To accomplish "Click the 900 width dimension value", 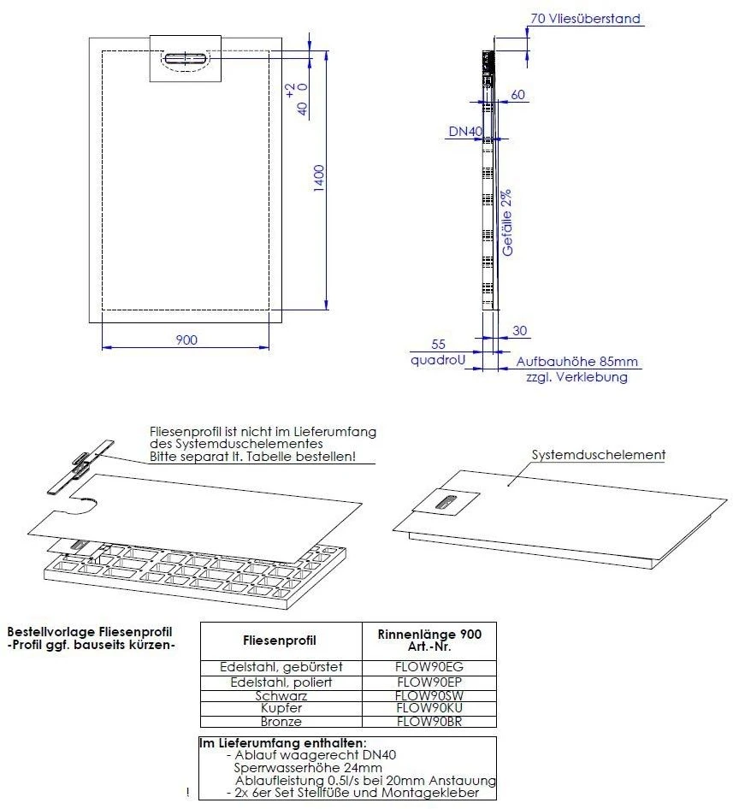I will pyautogui.click(x=186, y=340).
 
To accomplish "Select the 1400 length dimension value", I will pyautogui.click(x=318, y=178).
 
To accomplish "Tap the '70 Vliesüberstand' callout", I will pyautogui.click(x=584, y=18).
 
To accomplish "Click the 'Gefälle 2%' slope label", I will pyautogui.click(x=507, y=224).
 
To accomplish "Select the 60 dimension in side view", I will pyautogui.click(x=518, y=95).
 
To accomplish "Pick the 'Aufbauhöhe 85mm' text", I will pyautogui.click(x=577, y=362).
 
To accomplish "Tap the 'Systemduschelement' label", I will pyautogui.click(x=598, y=455).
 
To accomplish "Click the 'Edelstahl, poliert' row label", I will pyautogui.click(x=281, y=682).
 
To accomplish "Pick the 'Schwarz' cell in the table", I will pyautogui.click(x=281, y=696).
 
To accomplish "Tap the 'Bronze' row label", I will pyautogui.click(x=281, y=722).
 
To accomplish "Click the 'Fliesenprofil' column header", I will pyautogui.click(x=281, y=640).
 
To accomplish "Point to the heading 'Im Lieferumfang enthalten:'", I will pyautogui.click(x=283, y=743).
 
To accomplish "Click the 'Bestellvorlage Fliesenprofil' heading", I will pyautogui.click(x=84, y=631).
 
